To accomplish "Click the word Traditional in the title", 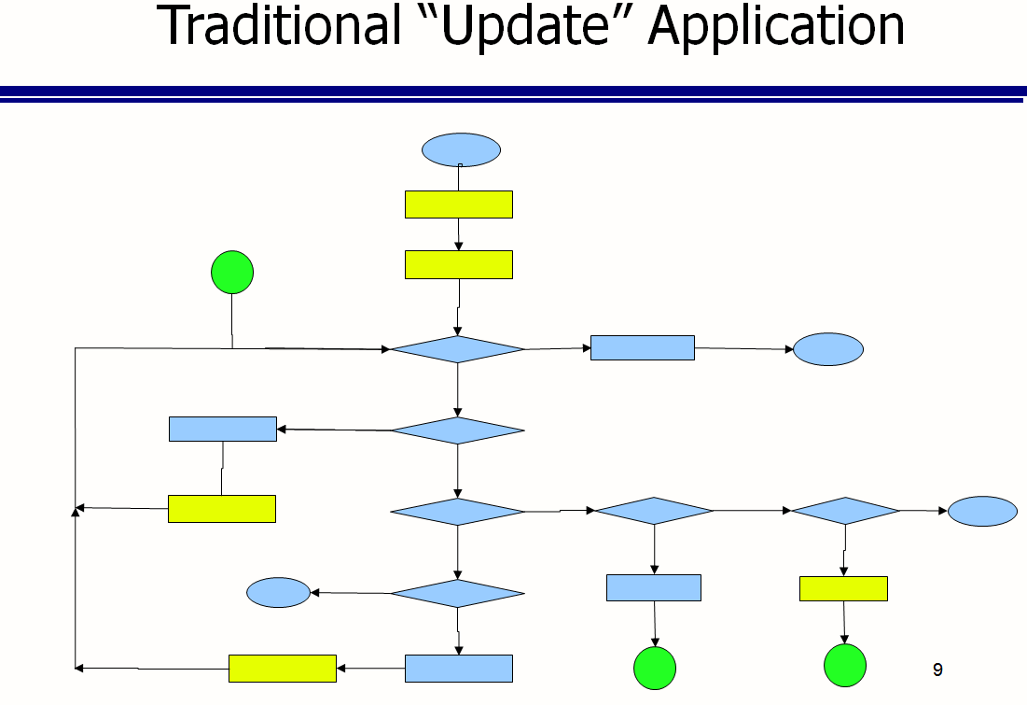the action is tap(278, 25).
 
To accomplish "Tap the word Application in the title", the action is tap(776, 27).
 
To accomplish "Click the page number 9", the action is tap(937, 670).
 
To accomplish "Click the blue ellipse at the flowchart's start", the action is tap(461, 150).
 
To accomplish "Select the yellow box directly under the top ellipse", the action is tap(459, 204).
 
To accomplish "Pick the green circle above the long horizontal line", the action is tap(232, 272).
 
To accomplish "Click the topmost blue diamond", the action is tap(458, 349).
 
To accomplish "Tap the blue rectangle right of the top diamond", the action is tap(643, 347).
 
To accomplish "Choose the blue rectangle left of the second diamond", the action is tap(223, 429).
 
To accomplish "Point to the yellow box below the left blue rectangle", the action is tap(222, 509).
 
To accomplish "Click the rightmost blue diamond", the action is tap(845, 511).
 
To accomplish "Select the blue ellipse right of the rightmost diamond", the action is tap(982, 512).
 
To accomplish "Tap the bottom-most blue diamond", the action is tap(458, 594).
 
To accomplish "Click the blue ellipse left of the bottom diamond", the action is tap(278, 593).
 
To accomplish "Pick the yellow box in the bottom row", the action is tap(283, 669).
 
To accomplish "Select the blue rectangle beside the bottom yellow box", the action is tap(459, 669).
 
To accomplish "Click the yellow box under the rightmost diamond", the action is tap(843, 589).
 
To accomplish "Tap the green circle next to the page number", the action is tap(845, 666).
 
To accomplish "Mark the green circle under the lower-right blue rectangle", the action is tap(655, 669).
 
